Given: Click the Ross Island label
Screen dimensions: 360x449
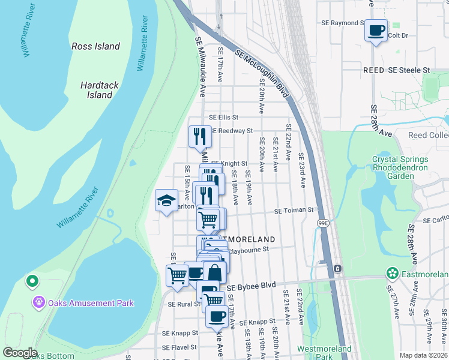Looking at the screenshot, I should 95,46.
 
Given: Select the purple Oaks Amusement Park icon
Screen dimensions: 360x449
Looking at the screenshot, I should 40,303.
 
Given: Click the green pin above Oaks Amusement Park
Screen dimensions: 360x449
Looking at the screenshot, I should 32,280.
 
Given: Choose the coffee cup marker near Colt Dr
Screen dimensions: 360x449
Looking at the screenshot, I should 376,30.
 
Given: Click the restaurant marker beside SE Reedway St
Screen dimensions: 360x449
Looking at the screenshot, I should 200,136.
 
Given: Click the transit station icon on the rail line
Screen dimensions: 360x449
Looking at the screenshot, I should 337,268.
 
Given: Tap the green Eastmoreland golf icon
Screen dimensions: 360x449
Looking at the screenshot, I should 393,274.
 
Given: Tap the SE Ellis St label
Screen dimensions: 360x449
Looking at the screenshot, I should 224,118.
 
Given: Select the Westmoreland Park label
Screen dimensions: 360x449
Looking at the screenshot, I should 324,353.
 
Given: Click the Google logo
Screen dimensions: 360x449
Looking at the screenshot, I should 20,353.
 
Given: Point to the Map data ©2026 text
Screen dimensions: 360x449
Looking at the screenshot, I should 423,355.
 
